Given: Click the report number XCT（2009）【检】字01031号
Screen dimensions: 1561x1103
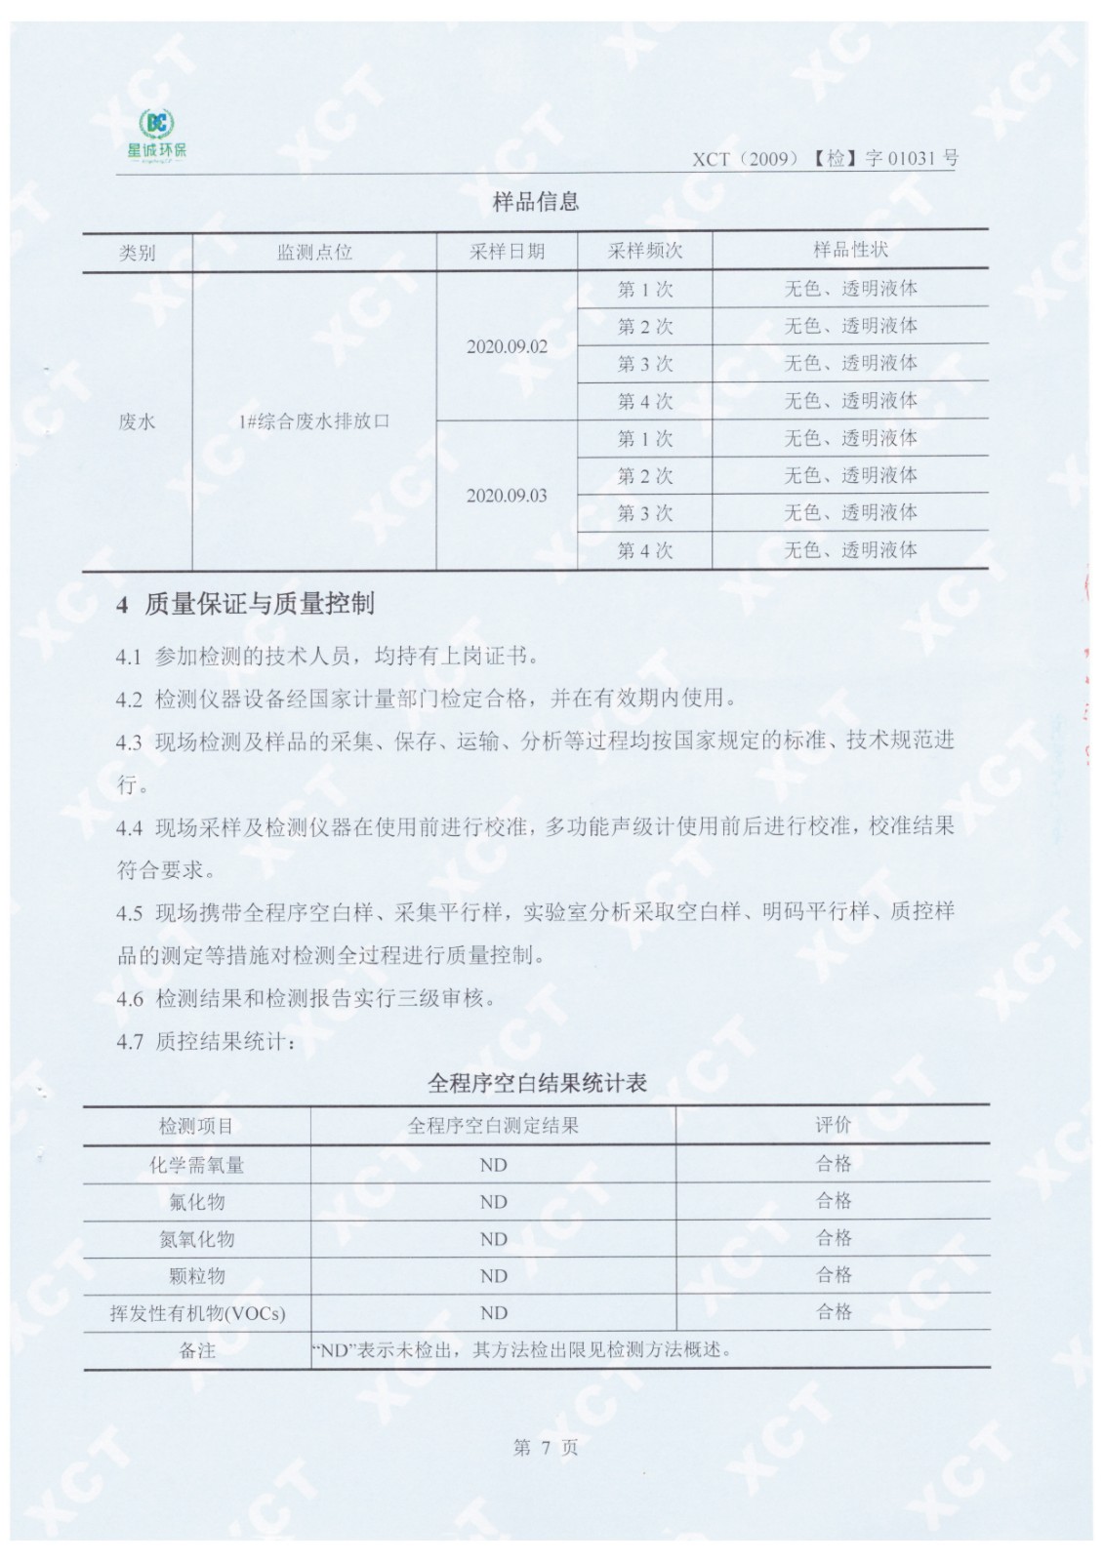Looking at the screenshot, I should pos(825,158).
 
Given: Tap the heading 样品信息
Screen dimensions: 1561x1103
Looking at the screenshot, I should pos(536,202).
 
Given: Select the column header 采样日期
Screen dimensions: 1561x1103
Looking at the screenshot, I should pos(507,252).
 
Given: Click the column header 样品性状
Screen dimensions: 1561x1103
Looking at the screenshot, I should pos(850,250).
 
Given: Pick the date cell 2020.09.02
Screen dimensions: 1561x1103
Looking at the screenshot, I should pos(507,346).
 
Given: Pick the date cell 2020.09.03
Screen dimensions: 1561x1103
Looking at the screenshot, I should pos(507,496).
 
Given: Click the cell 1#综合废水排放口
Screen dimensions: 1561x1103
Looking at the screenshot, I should pos(314,421).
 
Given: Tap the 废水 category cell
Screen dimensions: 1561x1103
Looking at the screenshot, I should pos(137,421).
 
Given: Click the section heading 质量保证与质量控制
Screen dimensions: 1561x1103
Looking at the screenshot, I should pos(259,605).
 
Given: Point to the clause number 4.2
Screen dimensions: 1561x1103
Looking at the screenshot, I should pos(129,700).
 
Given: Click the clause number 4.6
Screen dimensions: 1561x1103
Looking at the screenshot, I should pos(129,999).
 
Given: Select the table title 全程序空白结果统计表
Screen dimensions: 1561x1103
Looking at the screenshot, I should pos(537,1083).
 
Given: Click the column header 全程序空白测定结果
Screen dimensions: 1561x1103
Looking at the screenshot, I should pos(493,1126).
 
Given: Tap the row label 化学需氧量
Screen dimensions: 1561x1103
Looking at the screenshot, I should pos(196,1165).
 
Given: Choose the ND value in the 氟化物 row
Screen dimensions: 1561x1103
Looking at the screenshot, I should pos(493,1202).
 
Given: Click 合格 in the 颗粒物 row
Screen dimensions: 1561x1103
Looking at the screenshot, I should pos(834,1275).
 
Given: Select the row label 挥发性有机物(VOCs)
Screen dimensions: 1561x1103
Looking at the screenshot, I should pos(197,1313).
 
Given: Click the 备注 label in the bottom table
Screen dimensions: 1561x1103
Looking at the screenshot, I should pos(196,1351).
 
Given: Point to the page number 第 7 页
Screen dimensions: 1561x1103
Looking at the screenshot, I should pos(545,1448).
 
